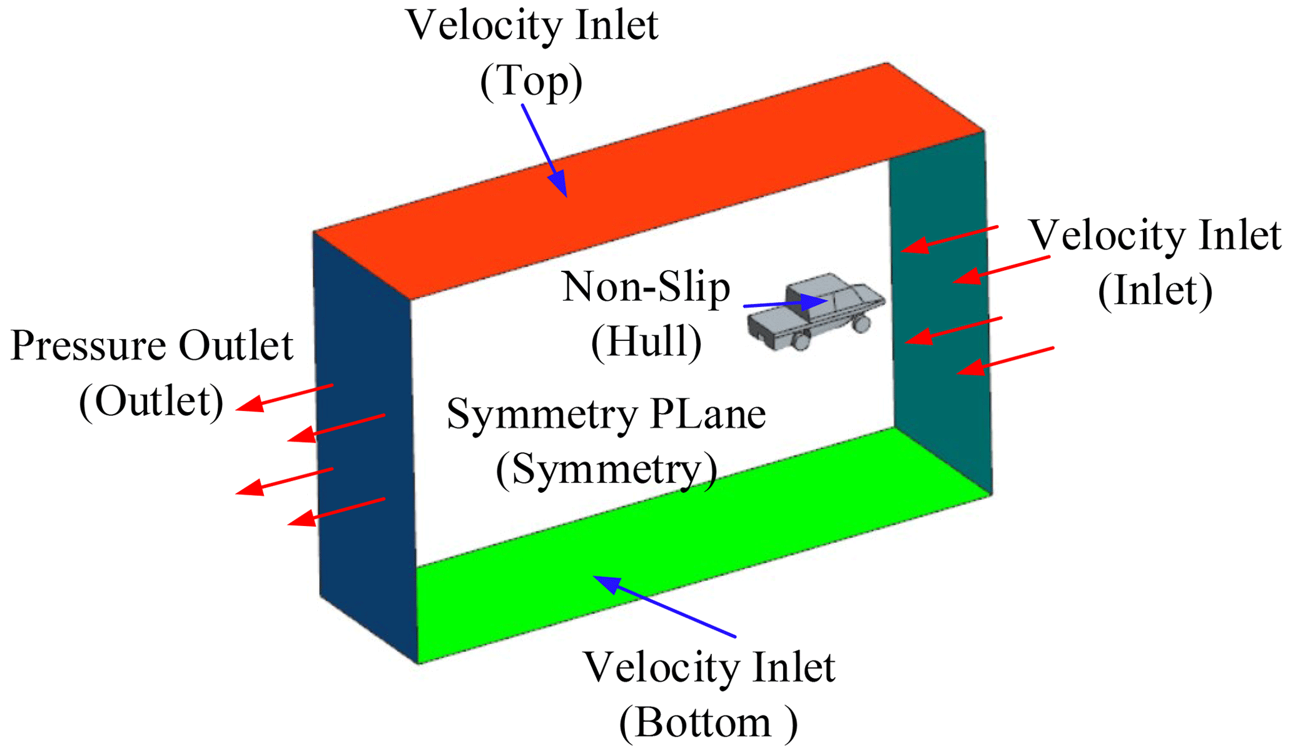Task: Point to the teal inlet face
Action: [x=938, y=313]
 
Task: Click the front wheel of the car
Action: [x=861, y=323]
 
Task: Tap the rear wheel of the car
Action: [x=800, y=341]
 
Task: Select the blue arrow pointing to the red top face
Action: [x=544, y=150]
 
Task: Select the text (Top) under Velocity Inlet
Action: [x=531, y=81]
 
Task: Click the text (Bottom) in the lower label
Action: [x=707, y=724]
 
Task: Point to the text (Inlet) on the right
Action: [x=1155, y=291]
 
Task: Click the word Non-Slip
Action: [x=646, y=288]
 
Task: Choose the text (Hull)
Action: [x=646, y=343]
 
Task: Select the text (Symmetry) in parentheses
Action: [x=606, y=469]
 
